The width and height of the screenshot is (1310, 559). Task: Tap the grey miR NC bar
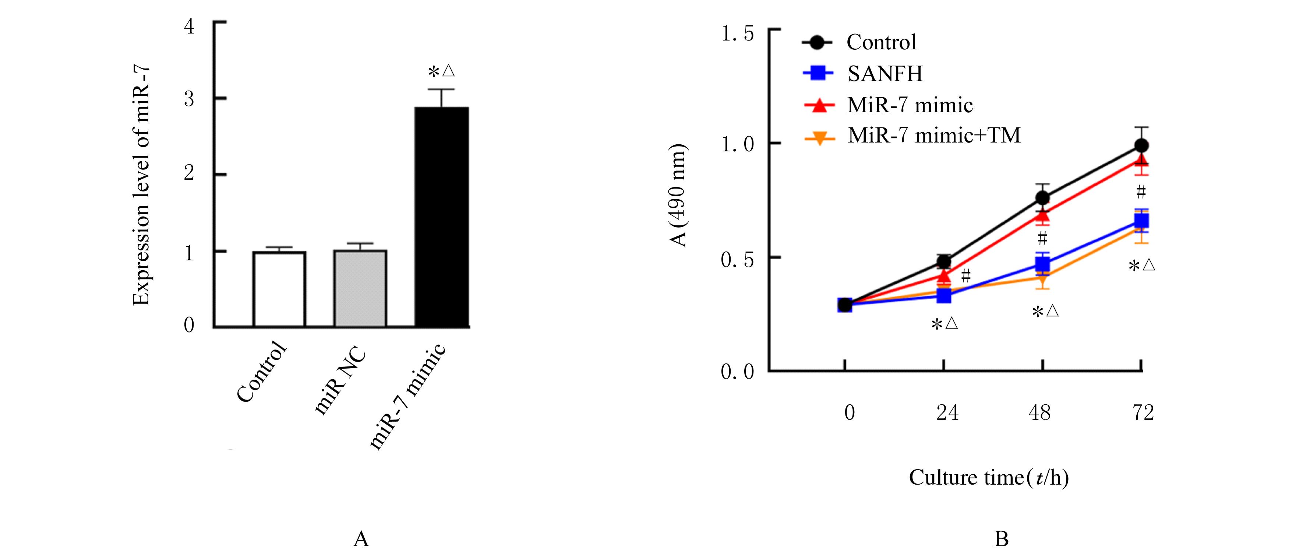360,288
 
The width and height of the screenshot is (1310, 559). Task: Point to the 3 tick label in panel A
189,99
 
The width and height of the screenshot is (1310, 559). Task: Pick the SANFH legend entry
884,74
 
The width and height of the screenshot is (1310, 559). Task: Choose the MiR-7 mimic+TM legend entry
934,135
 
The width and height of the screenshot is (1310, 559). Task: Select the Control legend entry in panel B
881,42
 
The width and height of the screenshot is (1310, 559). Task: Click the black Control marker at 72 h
1142,146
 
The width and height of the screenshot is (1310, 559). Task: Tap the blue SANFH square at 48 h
1042,264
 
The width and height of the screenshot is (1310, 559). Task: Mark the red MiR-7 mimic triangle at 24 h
944,276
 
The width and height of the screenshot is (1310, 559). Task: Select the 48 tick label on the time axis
1039,412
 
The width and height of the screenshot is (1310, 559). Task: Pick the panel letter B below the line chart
1001,539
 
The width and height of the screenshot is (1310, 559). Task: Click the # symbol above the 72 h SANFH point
1141,192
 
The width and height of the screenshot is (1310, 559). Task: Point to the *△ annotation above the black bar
441,71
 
